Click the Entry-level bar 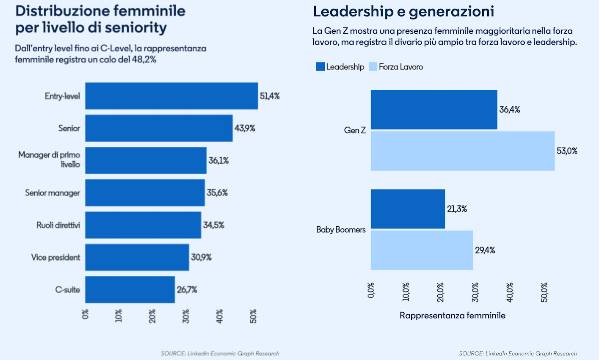click(171, 95)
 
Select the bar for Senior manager click(145, 192)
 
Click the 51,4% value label click(269, 95)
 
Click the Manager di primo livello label click(50, 160)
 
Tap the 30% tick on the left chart click(187, 316)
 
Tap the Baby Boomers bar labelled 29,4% click(421, 249)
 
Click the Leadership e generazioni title click(389, 12)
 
